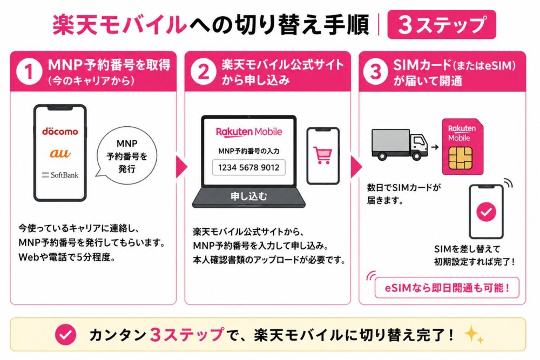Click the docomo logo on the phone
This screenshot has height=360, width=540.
tap(60, 131)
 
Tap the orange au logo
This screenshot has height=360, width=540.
tap(60, 153)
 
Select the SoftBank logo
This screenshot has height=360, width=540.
tap(60, 175)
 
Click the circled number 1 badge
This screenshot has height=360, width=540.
tap(29, 72)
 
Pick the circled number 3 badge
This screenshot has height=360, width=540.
tap(376, 72)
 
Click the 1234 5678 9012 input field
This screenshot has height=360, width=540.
tap(248, 168)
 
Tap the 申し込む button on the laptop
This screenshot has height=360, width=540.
tap(248, 196)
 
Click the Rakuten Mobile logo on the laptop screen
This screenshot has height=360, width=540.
tap(248, 132)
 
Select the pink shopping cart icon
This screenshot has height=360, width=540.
tap(323, 155)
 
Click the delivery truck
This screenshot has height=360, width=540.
tap(400, 145)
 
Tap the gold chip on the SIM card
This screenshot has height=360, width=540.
tap(461, 158)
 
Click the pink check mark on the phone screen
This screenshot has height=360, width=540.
tap(487, 212)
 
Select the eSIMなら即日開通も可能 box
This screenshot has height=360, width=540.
tap(447, 287)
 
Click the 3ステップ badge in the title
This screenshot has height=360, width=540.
tap(442, 24)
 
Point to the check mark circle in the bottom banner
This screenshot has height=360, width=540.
tap(66, 335)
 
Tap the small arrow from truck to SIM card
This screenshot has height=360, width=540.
tap(435, 147)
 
